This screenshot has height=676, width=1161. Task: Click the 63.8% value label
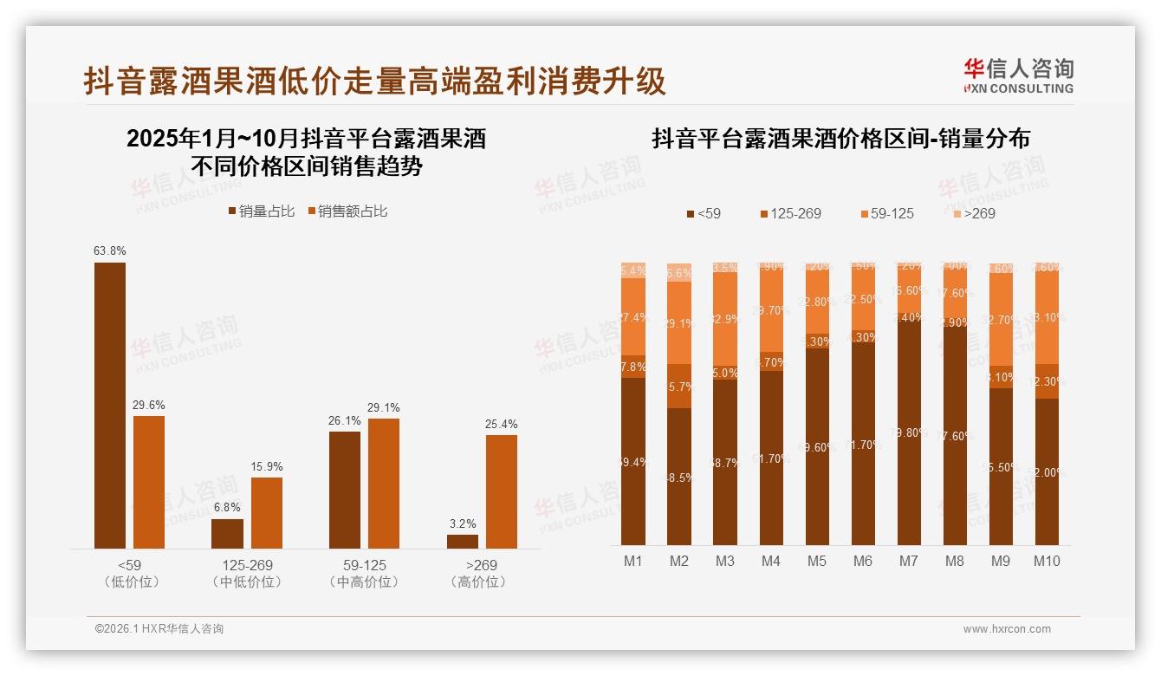110,251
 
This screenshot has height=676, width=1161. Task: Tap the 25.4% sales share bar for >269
502,491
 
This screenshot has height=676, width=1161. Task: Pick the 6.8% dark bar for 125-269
228,534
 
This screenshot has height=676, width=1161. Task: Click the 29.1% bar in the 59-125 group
384,484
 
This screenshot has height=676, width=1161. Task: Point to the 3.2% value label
463,524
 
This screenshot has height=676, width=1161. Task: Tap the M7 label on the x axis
908,561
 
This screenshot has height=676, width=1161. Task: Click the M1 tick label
633,561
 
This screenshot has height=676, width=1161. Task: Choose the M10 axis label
1047,561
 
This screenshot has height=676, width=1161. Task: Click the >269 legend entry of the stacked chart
975,213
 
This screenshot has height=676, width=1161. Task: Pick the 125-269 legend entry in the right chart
789,213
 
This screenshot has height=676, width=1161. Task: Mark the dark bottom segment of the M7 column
909,433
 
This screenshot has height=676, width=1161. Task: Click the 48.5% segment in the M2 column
679,477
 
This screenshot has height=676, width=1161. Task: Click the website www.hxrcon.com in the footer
1007,629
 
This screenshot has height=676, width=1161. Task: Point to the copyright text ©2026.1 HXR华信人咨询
159,629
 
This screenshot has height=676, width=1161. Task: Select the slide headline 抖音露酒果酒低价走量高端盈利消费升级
375,81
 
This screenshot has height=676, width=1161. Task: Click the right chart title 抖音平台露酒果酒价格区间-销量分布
840,139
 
